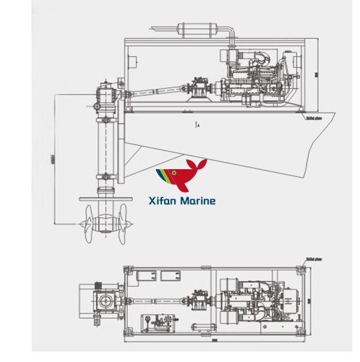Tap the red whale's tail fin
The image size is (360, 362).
pyautogui.click(x=203, y=165)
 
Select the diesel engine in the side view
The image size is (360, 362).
pyautogui.click(x=248, y=80)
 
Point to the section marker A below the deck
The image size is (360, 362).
pyautogui.click(x=197, y=123)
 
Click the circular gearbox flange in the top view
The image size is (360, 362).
pyautogui.click(x=104, y=301)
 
